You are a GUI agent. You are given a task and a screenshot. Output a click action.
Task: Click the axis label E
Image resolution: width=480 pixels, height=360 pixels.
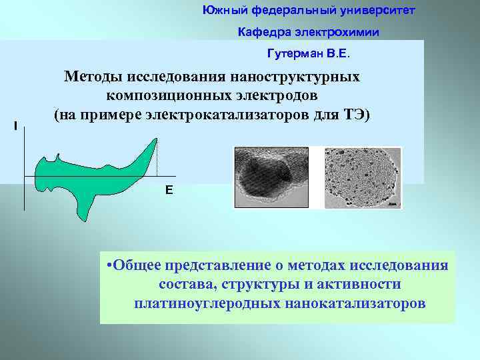169,191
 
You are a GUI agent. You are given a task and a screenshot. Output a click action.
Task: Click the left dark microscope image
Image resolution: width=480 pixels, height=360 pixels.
273,177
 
